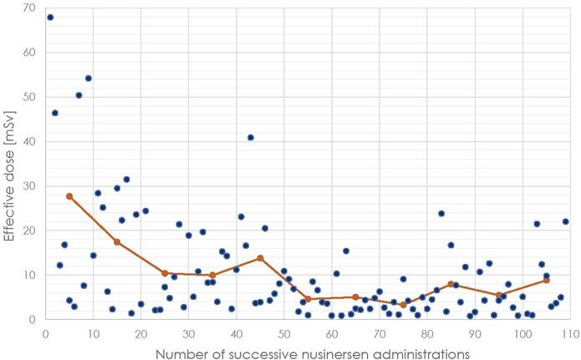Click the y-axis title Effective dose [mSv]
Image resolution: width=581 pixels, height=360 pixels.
(12, 164)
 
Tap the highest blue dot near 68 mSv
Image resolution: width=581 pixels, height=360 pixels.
(50, 17)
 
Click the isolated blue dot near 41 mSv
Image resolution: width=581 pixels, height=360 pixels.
(251, 137)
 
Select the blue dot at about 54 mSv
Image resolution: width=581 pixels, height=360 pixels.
(88, 79)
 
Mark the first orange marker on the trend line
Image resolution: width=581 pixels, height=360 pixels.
(69, 196)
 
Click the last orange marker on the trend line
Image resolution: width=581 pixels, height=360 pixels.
(546, 280)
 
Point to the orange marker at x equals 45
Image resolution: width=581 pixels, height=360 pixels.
(260, 258)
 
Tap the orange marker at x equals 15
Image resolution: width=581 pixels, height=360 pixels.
(117, 242)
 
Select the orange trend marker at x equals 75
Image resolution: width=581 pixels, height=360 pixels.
(403, 305)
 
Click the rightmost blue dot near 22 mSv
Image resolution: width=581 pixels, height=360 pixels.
(565, 221)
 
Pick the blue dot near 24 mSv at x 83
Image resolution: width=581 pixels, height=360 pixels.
(441, 213)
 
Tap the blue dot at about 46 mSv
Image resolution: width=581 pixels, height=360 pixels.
(55, 113)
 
